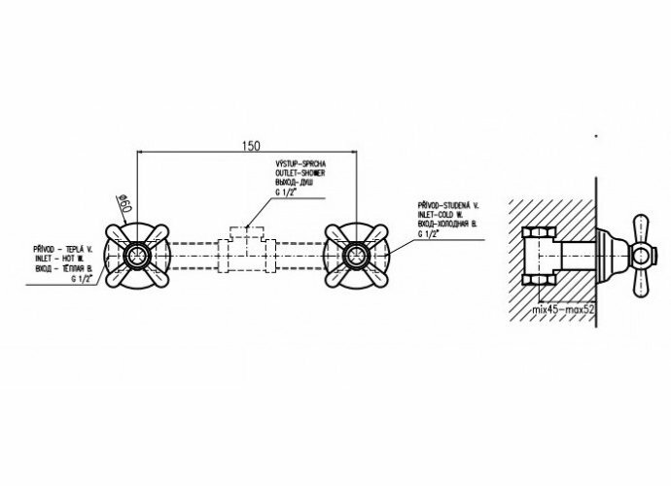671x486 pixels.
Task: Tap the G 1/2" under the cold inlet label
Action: (x=429, y=234)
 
